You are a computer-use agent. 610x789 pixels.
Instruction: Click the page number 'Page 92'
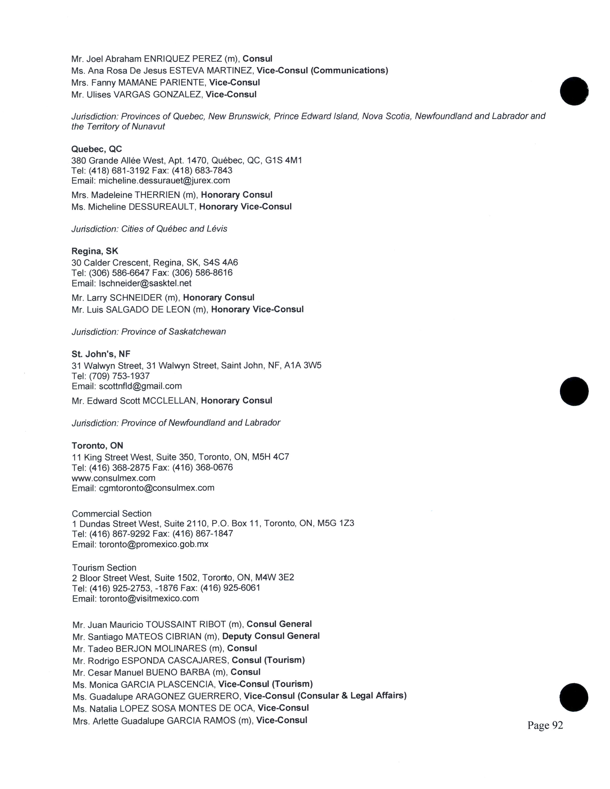(545, 725)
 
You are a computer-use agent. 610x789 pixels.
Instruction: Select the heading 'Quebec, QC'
(96, 149)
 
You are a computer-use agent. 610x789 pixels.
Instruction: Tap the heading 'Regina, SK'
(95, 251)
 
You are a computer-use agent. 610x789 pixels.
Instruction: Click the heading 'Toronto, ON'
(97, 445)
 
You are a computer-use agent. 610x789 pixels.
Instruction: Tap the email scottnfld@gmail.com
(140, 386)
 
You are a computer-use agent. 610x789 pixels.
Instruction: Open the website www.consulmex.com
(113, 478)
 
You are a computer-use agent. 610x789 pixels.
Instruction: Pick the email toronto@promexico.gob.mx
(154, 544)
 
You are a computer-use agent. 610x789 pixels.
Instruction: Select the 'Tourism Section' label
(104, 568)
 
